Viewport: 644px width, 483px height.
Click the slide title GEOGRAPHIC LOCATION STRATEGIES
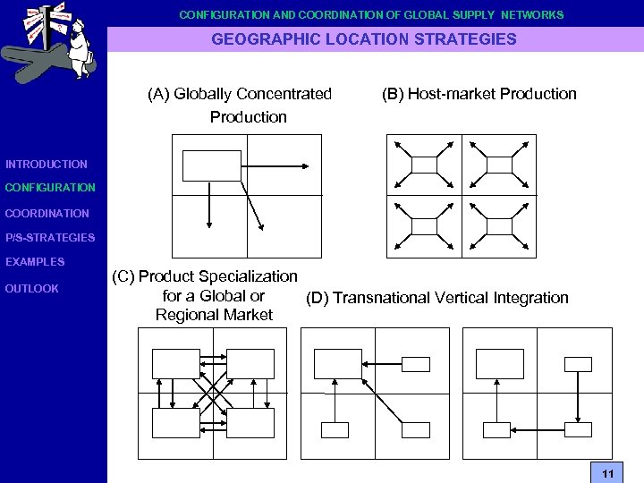coord(364,39)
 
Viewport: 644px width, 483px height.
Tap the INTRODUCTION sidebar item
coord(47,165)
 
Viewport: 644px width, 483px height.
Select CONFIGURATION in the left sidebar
coord(50,188)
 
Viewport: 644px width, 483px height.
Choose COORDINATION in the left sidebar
coord(47,214)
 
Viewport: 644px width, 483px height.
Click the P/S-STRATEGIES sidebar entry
coord(50,238)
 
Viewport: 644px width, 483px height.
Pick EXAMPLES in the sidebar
coord(35,262)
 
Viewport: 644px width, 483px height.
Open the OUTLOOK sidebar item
coord(32,289)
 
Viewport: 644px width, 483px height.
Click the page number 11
coord(607,473)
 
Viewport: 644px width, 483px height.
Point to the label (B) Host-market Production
coord(479,94)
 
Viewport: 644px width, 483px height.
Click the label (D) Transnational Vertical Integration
coord(437,298)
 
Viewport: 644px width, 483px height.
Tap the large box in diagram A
coord(212,165)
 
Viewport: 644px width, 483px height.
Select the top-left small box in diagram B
coord(424,165)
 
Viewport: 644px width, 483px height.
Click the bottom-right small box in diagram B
coord(499,227)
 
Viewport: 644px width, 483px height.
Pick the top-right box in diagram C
coord(250,363)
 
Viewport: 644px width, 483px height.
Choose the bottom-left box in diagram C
coord(175,422)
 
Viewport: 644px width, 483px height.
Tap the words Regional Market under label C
coord(214,315)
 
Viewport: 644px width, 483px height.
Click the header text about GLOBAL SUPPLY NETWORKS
coord(371,15)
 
